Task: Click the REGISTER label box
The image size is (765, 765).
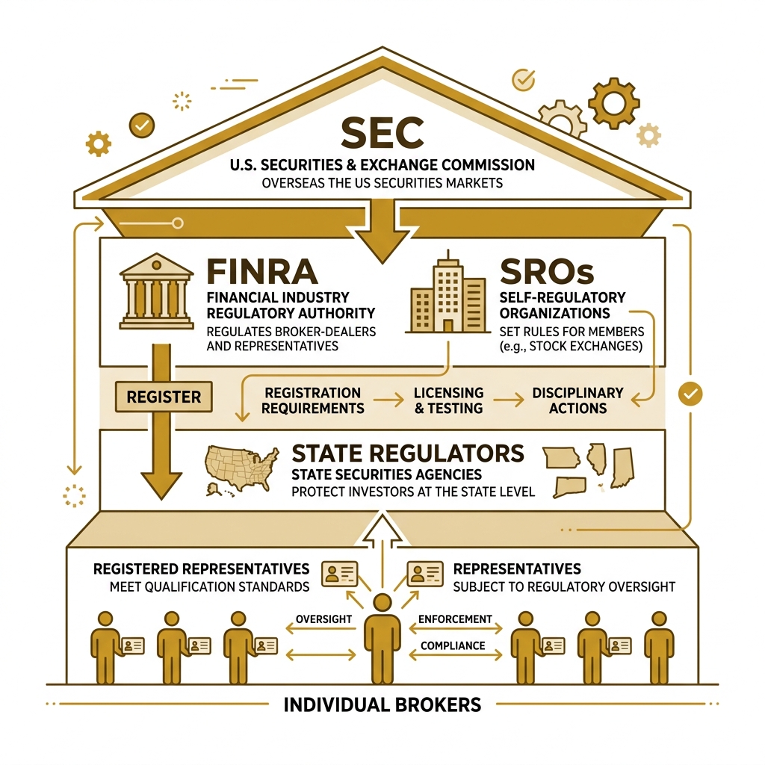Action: (x=164, y=397)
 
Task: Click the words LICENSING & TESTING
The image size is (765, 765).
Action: (x=448, y=400)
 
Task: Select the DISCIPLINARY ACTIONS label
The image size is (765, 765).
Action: (x=577, y=400)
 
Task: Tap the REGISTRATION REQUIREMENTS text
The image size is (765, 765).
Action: (x=313, y=400)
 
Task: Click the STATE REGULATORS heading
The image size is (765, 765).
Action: (x=407, y=453)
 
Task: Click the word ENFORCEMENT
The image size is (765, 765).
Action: (x=455, y=619)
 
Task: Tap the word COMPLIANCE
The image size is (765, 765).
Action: (x=453, y=645)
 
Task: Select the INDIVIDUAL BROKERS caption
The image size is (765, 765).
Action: (x=382, y=704)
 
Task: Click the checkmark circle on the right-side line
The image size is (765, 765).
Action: (x=690, y=394)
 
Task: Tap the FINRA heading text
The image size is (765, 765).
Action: (x=261, y=271)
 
